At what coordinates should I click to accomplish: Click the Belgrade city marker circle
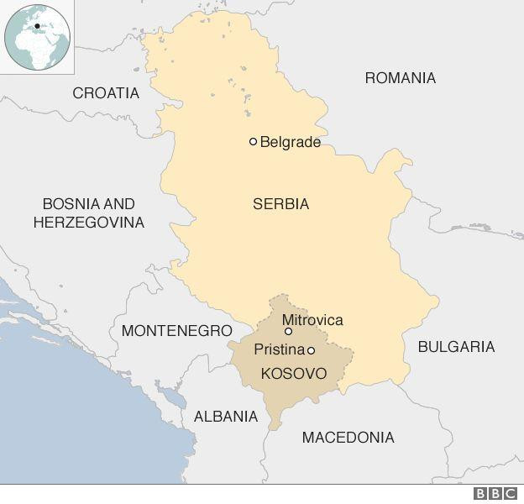pos(253,142)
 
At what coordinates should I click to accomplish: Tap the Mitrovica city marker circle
pos(288,332)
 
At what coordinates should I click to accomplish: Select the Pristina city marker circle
pos(311,350)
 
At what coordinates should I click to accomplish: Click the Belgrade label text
pos(291,142)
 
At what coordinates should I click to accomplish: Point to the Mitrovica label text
pos(312,320)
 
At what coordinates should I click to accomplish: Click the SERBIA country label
pos(280,204)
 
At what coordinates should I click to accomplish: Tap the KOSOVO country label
pos(293,372)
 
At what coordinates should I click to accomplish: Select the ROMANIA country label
pos(400,78)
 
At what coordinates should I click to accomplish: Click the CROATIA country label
pos(106,93)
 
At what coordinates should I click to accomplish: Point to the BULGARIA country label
pos(456,346)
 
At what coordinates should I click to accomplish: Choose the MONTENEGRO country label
pos(176,331)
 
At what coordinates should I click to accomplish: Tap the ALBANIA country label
pos(226,416)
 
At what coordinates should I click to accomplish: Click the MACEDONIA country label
pos(348,438)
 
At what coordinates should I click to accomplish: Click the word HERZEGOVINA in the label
pos(89,223)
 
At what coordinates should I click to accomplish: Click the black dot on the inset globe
pos(37,26)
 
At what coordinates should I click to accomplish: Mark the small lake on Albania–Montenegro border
pos(172,393)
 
